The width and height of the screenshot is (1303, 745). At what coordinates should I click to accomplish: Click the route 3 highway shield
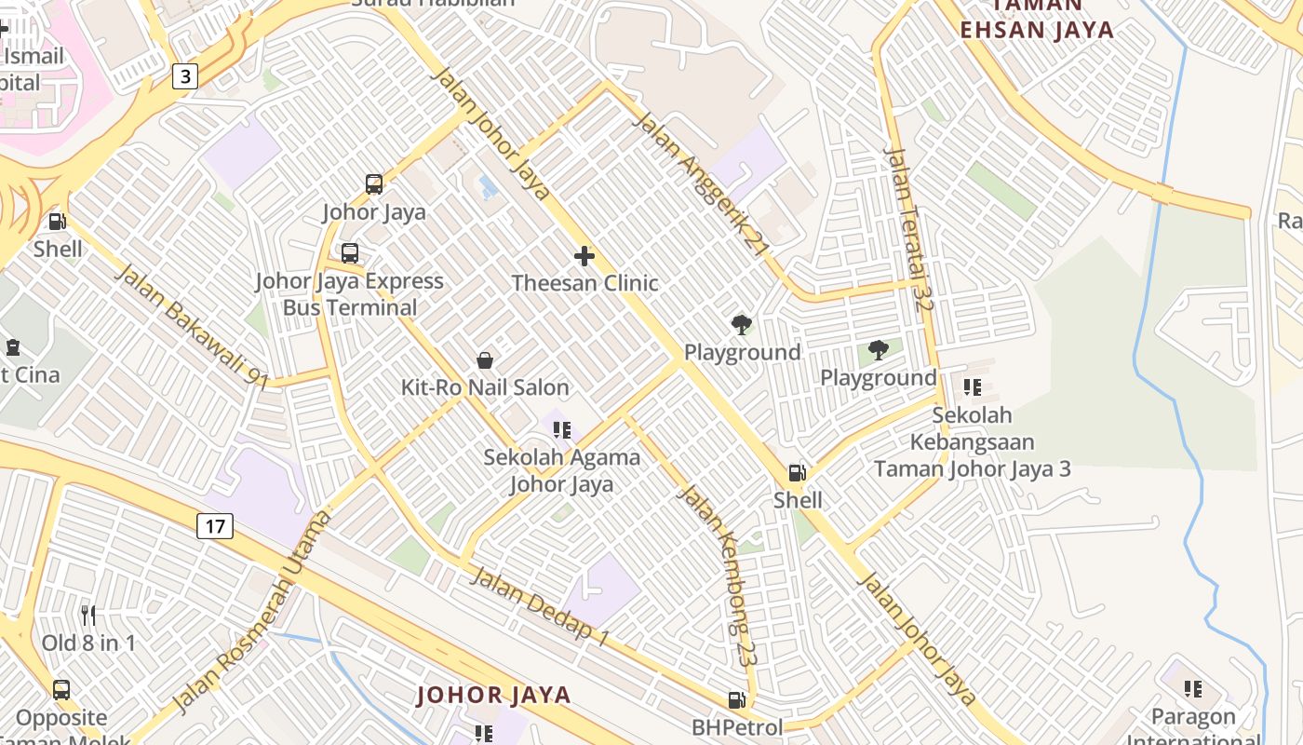[x=185, y=75]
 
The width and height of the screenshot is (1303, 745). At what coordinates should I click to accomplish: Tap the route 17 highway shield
[x=215, y=526]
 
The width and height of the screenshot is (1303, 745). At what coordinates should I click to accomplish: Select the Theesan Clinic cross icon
[x=584, y=255]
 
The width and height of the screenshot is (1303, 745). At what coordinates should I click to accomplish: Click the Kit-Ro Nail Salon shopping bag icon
[x=484, y=360]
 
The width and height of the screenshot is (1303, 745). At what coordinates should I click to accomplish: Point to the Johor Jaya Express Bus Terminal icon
[x=350, y=253]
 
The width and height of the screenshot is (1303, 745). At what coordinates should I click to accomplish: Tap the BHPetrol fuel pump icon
[x=736, y=699]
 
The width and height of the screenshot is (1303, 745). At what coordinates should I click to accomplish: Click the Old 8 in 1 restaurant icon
[x=88, y=615]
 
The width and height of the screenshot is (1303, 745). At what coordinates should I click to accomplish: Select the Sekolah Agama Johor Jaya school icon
[x=561, y=430]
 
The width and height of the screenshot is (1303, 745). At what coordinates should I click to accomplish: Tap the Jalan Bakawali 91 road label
[x=191, y=325]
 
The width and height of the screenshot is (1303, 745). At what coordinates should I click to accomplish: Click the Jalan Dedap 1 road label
[x=540, y=606]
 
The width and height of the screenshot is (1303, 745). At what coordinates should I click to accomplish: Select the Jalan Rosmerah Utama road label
[x=252, y=611]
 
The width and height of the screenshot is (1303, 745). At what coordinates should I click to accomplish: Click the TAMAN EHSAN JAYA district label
[x=1037, y=28]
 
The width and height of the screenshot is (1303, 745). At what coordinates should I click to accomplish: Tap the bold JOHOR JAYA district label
[x=493, y=695]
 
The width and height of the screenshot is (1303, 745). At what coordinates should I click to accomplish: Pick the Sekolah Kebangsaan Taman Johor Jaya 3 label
[x=972, y=441]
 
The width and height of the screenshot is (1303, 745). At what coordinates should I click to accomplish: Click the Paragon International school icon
[x=1193, y=689]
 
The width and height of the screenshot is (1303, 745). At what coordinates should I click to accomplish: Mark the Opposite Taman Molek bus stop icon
[x=61, y=690]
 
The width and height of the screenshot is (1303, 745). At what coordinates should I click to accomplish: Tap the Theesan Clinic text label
[x=584, y=283]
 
